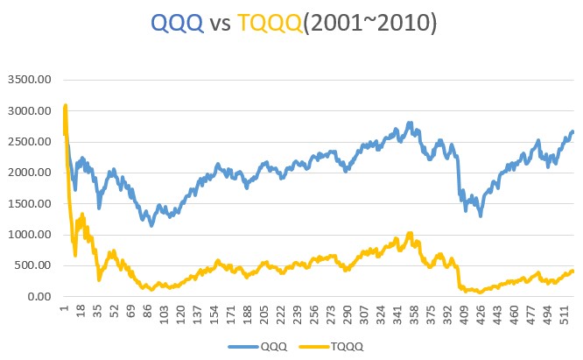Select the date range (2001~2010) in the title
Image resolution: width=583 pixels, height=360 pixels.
[378, 24]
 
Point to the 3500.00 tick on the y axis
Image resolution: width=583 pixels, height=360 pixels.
[31, 81]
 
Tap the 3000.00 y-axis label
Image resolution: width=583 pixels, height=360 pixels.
[31, 111]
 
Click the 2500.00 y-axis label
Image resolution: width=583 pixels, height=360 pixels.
[31, 142]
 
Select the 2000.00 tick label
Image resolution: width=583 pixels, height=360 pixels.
[31, 173]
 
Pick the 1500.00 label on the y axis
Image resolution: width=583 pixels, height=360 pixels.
[31, 204]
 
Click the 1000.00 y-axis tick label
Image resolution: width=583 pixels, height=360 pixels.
[31, 235]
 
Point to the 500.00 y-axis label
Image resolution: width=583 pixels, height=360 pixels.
[33, 265]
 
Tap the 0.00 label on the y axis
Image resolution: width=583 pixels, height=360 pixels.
[39, 297]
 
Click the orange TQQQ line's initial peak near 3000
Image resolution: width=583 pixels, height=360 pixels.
[66, 108]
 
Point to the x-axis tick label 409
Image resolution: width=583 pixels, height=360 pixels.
[462, 313]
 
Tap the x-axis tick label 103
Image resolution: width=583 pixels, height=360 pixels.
[164, 313]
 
